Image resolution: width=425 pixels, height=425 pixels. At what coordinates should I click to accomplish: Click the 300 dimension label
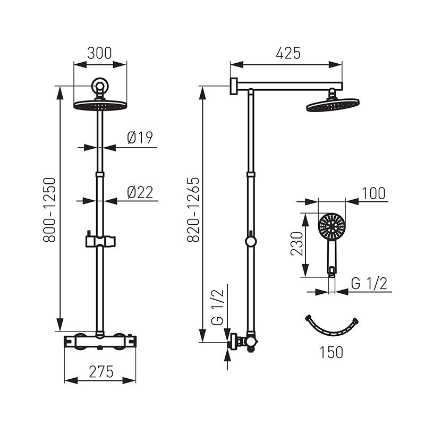click(x=99, y=54)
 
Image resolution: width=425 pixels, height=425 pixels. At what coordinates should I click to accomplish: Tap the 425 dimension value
click(x=288, y=53)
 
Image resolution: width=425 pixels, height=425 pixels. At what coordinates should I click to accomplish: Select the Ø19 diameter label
click(x=140, y=138)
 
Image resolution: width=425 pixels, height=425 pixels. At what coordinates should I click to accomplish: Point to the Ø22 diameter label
click(x=140, y=192)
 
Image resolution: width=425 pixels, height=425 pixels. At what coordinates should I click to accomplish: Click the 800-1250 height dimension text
click(x=49, y=209)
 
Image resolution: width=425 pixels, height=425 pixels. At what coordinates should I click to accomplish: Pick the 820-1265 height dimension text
click(x=193, y=209)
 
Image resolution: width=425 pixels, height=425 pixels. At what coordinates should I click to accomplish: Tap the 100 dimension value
click(x=373, y=193)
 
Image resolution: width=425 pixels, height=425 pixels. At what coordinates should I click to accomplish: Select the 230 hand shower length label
click(x=296, y=244)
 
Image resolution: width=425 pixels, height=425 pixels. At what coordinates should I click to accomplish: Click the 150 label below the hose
click(x=331, y=352)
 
